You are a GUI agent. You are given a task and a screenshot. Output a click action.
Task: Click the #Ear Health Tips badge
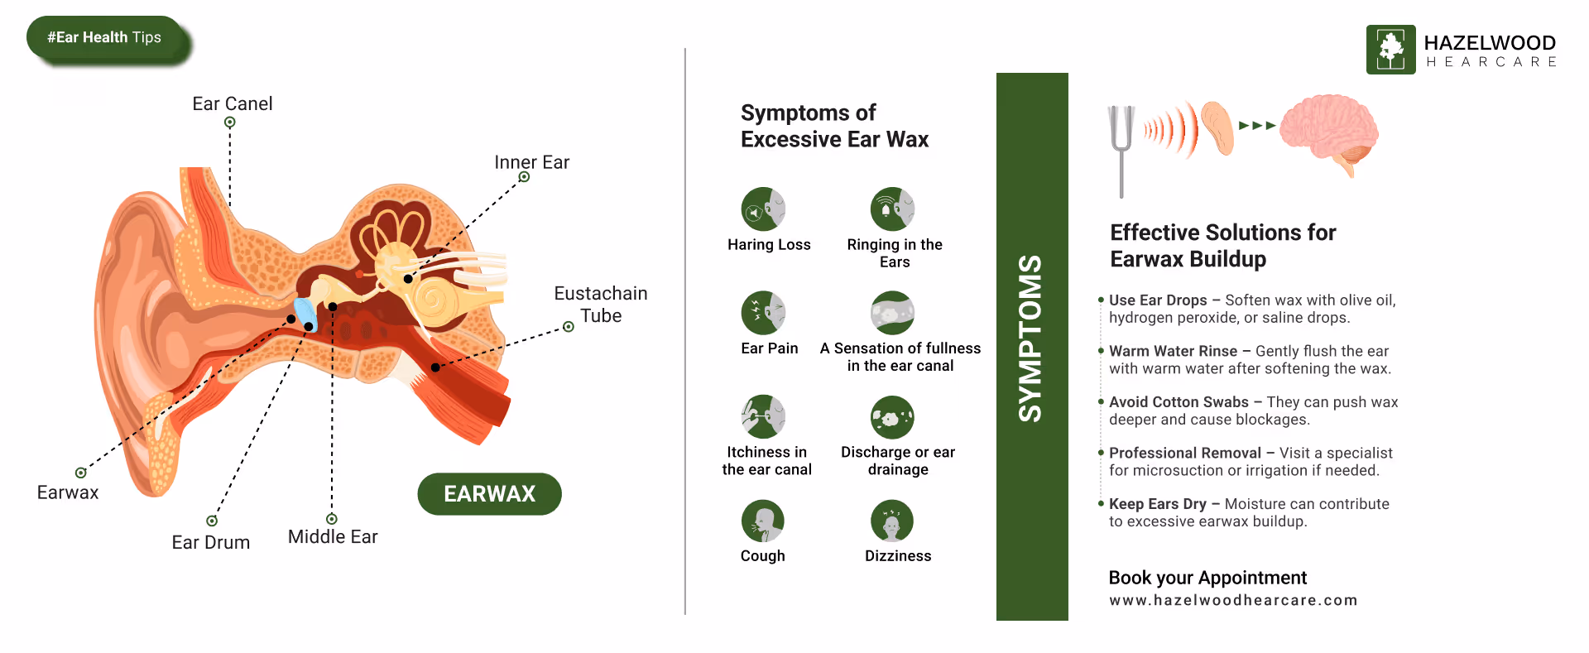(x=105, y=38)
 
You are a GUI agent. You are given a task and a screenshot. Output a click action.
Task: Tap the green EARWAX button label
(x=489, y=494)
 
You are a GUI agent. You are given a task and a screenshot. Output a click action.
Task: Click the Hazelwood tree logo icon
(x=1390, y=50)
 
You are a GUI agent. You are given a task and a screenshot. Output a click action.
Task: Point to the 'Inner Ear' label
(x=531, y=162)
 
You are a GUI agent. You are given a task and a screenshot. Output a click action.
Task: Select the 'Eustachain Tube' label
(x=600, y=305)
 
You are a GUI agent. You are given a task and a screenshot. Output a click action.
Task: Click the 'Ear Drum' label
(x=210, y=542)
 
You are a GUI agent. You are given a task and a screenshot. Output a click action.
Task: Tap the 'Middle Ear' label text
(x=333, y=536)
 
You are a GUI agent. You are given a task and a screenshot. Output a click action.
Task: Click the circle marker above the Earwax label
(x=80, y=473)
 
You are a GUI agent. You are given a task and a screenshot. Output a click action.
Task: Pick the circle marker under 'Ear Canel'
(x=230, y=122)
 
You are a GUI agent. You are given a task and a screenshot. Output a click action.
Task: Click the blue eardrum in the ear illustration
(x=305, y=313)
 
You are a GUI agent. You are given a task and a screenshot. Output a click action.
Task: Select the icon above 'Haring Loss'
(x=763, y=209)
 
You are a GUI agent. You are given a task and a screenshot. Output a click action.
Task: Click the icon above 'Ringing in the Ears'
(x=892, y=209)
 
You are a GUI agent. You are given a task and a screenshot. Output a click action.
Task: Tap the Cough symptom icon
(x=763, y=521)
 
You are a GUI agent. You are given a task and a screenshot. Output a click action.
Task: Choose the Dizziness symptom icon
(x=892, y=521)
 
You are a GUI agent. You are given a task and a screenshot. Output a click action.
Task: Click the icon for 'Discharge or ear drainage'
(x=892, y=417)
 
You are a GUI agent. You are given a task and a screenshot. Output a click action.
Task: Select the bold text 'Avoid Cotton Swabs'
(x=1179, y=402)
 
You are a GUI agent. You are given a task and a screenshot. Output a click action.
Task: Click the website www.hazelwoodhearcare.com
(x=1233, y=600)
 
